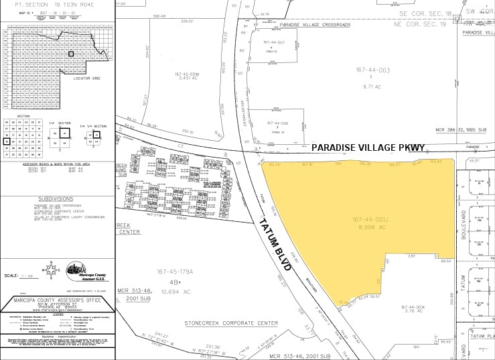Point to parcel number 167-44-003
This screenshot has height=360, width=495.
point(372,70)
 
